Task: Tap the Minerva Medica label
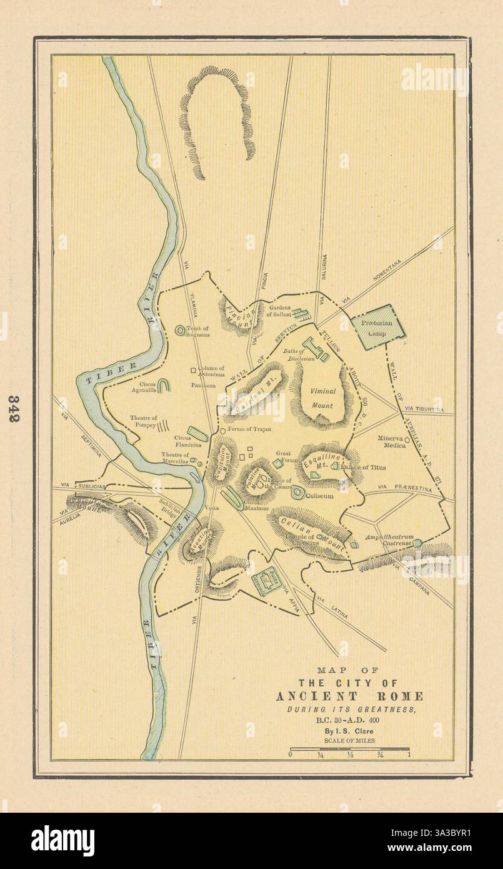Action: click(x=392, y=442)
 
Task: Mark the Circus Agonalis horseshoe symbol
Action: click(x=164, y=387)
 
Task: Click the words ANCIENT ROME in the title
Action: click(x=349, y=696)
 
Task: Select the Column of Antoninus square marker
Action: click(x=193, y=369)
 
